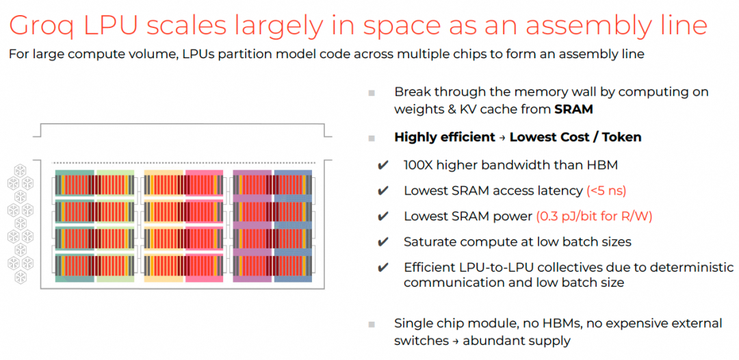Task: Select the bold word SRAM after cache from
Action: [573, 109]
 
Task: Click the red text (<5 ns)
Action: [606, 190]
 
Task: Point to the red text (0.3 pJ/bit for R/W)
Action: [594, 216]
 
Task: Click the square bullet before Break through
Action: [372, 92]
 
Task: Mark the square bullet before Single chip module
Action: [372, 324]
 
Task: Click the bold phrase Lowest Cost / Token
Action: [575, 137]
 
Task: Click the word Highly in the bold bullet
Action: [415, 137]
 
